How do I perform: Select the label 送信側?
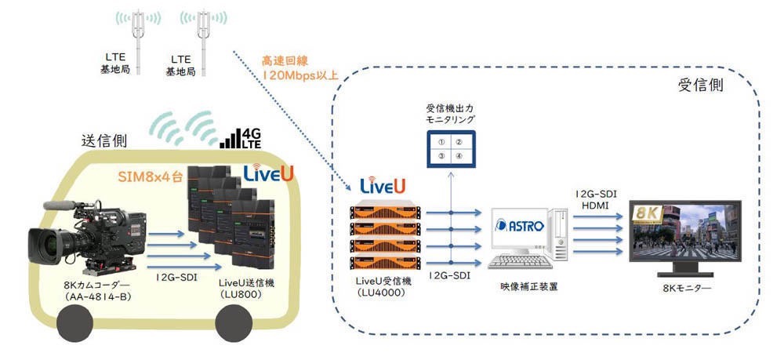coord(105,140)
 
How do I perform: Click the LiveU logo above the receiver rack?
coord(383,186)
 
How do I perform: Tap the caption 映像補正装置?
coord(524,288)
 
